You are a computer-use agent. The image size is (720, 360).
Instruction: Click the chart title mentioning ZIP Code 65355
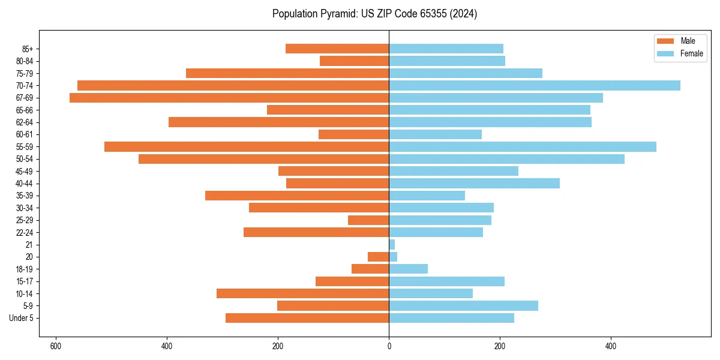point(374,14)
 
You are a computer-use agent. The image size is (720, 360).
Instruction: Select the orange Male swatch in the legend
point(665,41)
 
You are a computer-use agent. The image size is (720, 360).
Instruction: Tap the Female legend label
point(691,53)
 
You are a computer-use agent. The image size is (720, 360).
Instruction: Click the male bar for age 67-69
point(229,98)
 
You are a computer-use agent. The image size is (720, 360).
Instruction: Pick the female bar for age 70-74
point(535,85)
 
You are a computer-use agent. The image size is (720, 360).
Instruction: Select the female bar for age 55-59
point(523,146)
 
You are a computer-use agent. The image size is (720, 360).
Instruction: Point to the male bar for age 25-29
point(368,220)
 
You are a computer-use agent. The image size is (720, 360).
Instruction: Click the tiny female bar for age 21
point(392,245)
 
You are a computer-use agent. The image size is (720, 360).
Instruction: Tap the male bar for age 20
point(378,257)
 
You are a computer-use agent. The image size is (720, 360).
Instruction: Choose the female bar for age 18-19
point(409,269)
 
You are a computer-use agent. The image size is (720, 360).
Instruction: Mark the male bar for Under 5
point(307,318)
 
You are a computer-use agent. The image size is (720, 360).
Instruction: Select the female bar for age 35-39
point(427,196)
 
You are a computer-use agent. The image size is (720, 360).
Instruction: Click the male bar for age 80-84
point(354,61)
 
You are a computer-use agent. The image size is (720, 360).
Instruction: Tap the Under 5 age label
point(21,318)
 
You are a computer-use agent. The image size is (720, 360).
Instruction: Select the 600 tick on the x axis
point(56,346)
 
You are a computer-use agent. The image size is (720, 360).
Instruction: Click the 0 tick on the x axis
point(389,346)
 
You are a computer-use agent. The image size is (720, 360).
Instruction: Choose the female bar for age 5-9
point(464,306)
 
